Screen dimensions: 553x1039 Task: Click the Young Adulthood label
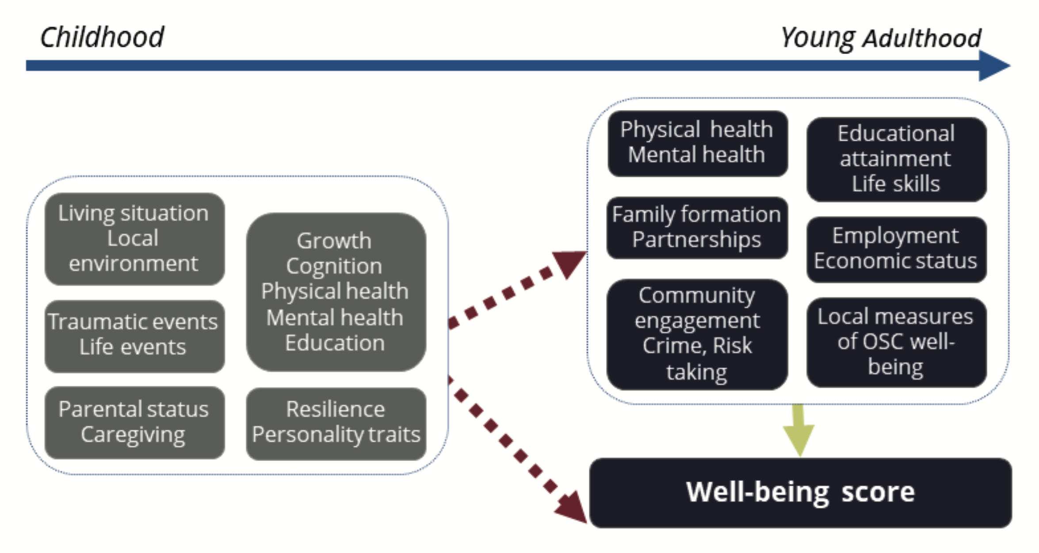pyautogui.click(x=880, y=38)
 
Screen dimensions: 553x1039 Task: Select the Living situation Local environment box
pyautogui.click(x=134, y=238)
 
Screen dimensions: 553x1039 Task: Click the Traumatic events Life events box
pyautogui.click(x=134, y=335)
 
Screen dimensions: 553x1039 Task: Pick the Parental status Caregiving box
pyautogui.click(x=134, y=422)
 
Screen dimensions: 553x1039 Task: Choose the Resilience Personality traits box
pyautogui.click(x=336, y=422)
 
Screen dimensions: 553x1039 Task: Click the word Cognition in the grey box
pyautogui.click(x=334, y=266)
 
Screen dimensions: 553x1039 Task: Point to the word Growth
pyautogui.click(x=334, y=241)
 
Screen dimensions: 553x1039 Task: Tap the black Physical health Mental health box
pyautogui.click(x=697, y=142)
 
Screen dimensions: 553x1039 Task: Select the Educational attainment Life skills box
pyautogui.click(x=896, y=159)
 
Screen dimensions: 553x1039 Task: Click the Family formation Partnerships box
pyautogui.click(x=697, y=227)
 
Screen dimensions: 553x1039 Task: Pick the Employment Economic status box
pyautogui.click(x=896, y=249)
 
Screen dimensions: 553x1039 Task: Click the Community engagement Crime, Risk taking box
pyautogui.click(x=697, y=334)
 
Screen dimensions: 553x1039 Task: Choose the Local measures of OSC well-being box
pyautogui.click(x=896, y=342)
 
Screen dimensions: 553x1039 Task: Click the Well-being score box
pyautogui.click(x=800, y=492)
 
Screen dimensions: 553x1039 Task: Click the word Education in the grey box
pyautogui.click(x=335, y=343)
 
